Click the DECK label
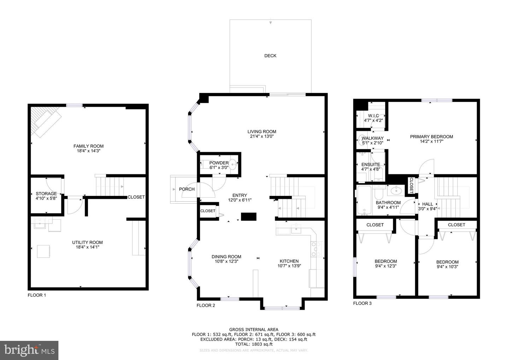point(270,56)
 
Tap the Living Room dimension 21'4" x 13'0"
point(262,137)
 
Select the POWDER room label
point(219,163)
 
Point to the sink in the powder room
point(233,164)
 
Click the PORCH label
point(187,189)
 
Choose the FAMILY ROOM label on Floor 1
point(88,146)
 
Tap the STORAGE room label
point(46,194)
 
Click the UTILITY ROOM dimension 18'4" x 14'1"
point(88,247)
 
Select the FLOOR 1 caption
point(37,295)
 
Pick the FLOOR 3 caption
point(362,303)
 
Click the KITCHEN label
point(289,261)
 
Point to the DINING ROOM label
point(226,257)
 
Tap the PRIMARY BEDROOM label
point(432,137)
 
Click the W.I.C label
point(373,116)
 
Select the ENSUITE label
point(370,164)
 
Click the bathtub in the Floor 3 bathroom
point(364,200)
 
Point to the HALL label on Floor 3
point(427,204)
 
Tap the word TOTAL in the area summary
point(243,344)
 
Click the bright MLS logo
point(29,350)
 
